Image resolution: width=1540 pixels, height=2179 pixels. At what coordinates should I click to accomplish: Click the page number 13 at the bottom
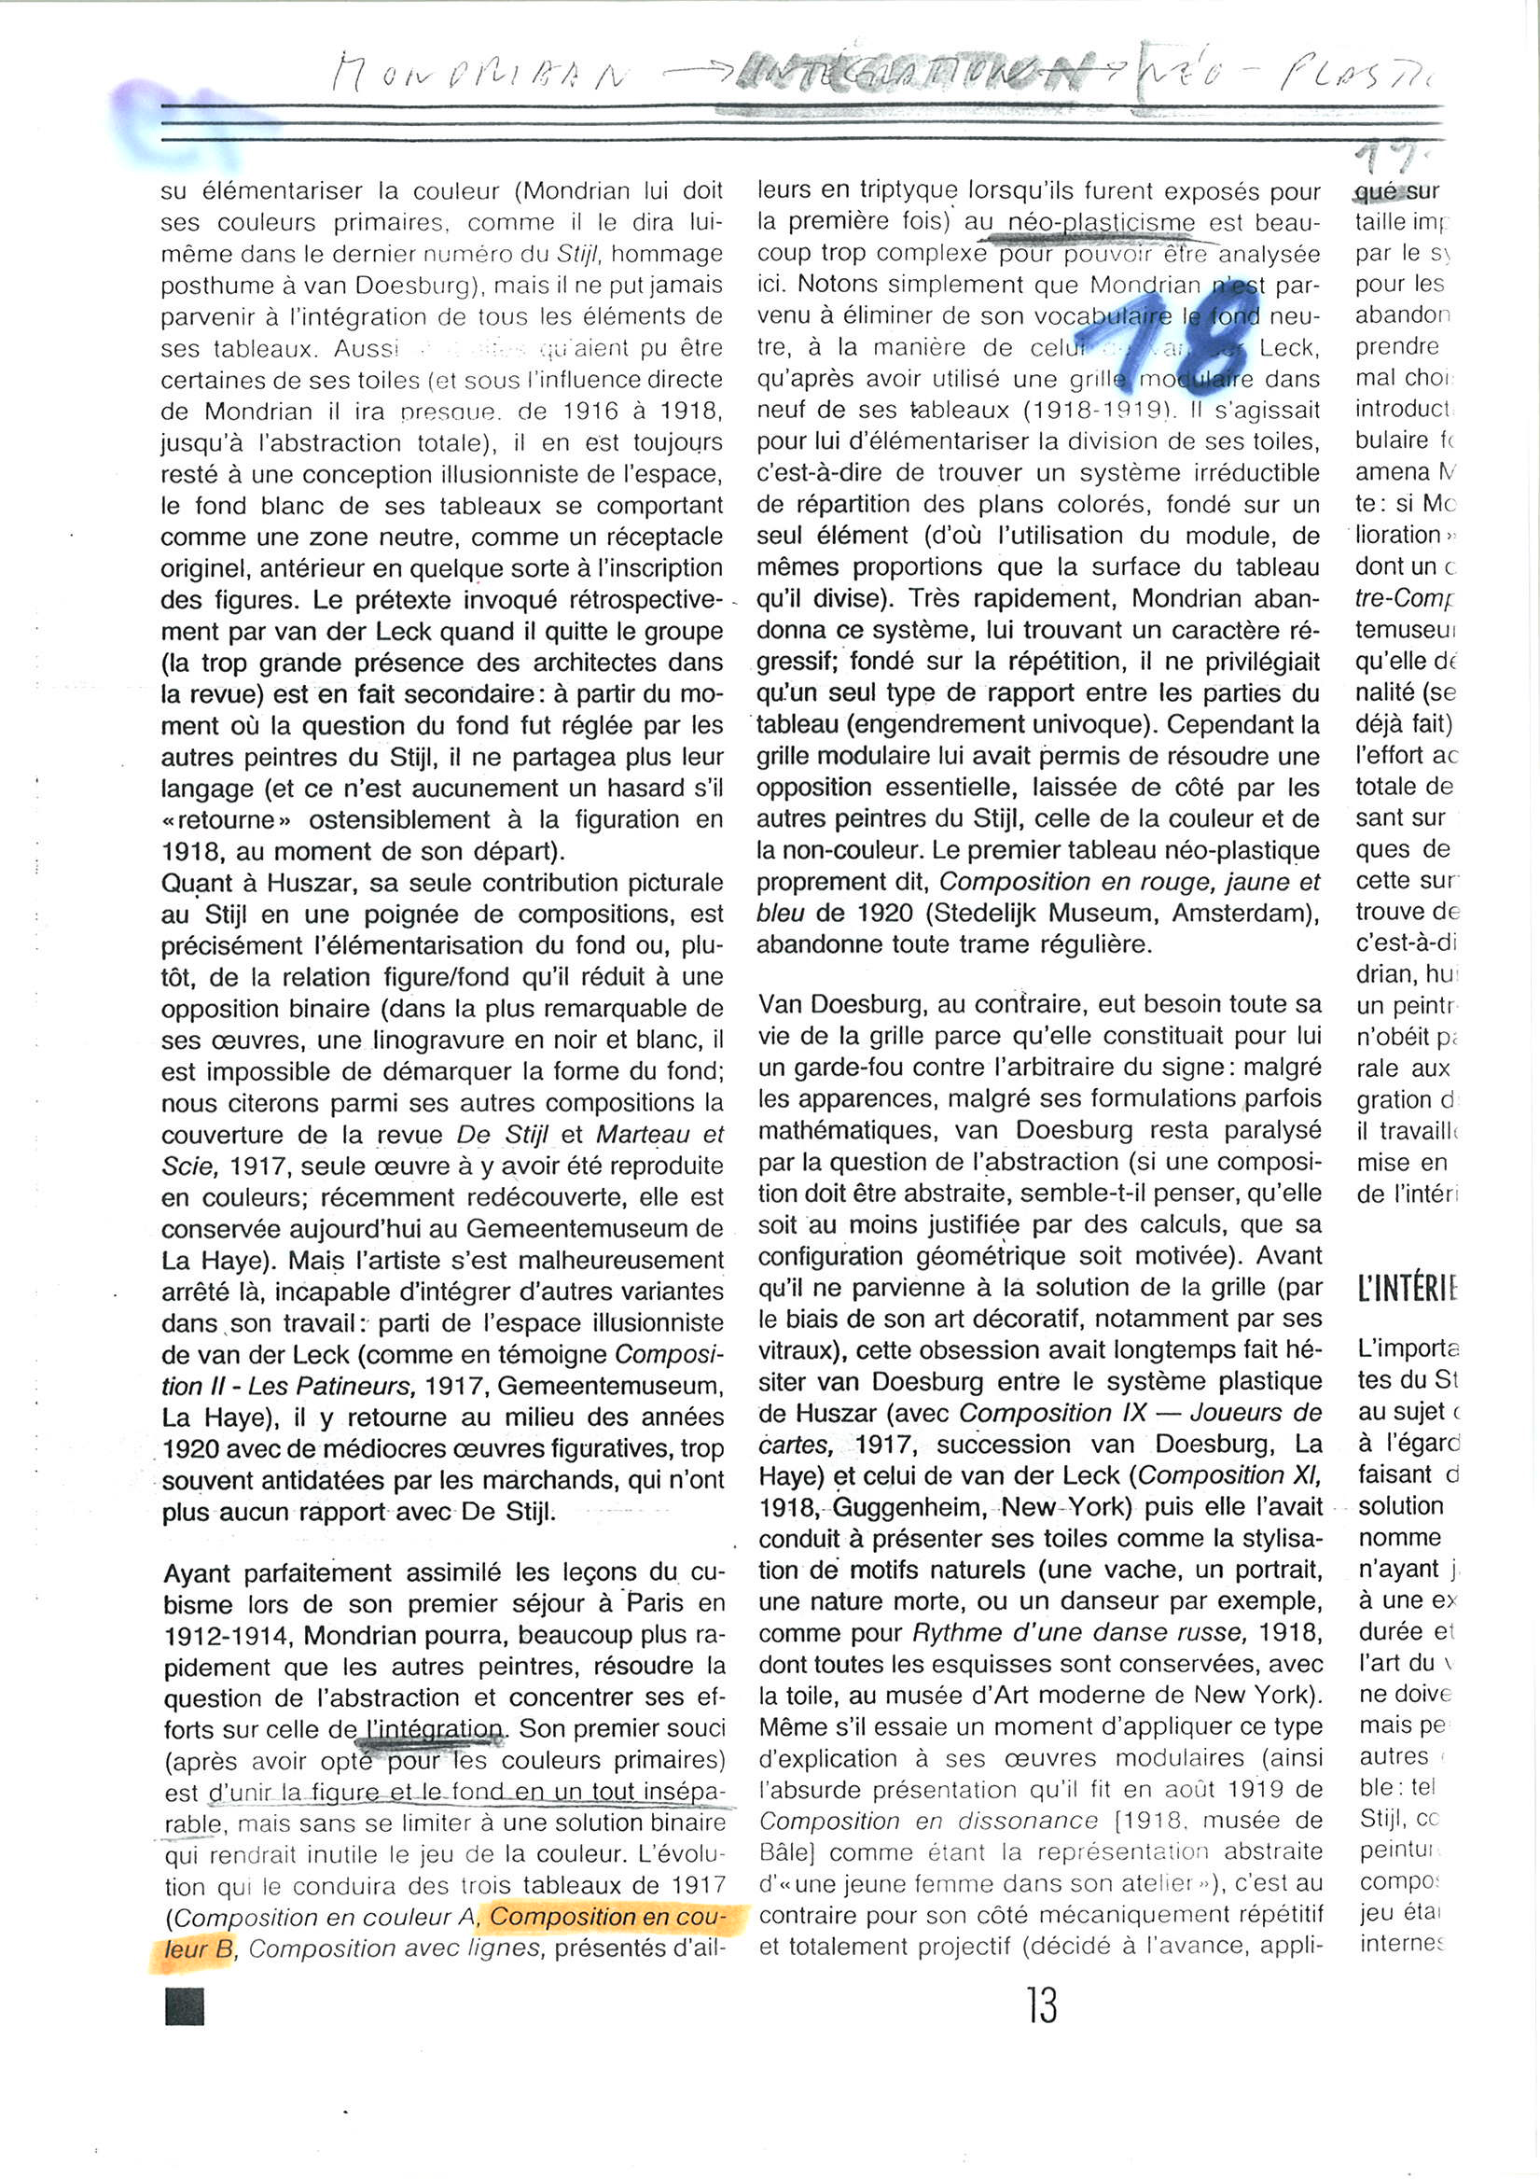point(1041,2005)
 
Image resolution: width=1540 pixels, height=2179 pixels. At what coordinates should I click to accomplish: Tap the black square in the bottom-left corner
point(184,2006)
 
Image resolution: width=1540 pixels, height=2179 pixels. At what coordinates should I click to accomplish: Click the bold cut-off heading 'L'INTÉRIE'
point(1408,1289)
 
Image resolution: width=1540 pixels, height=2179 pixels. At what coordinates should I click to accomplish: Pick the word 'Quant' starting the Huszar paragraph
point(197,884)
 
